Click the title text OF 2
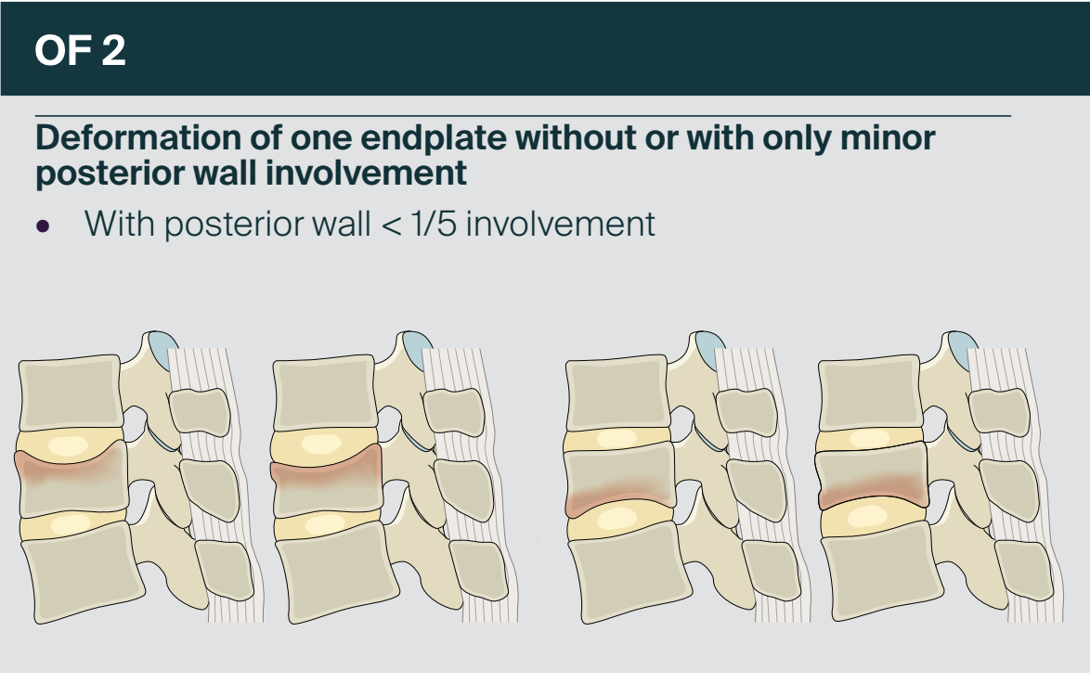80,50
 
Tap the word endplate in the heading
433,138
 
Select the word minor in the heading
887,137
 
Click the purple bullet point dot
43,226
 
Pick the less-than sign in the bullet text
392,226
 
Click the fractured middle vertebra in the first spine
71,480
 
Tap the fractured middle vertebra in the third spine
620,480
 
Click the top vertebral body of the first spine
71,392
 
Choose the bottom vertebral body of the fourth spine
882,571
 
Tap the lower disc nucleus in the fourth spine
867,516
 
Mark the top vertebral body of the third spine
617,392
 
